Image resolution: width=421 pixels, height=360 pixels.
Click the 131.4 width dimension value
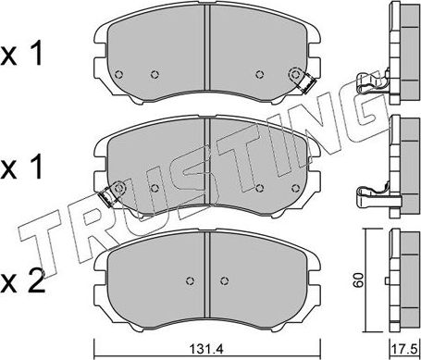[x=206, y=350]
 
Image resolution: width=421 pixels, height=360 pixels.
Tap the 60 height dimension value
[x=359, y=280]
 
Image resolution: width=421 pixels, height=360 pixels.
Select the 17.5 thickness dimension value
[x=404, y=350]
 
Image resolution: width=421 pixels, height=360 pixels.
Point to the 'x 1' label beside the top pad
[x=21, y=54]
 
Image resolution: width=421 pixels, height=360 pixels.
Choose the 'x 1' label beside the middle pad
[x=21, y=167]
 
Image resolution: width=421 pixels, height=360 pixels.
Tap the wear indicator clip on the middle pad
[x=106, y=197]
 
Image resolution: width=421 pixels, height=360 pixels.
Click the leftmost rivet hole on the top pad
[x=118, y=74]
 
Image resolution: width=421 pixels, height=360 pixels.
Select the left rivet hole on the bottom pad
[x=191, y=280]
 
